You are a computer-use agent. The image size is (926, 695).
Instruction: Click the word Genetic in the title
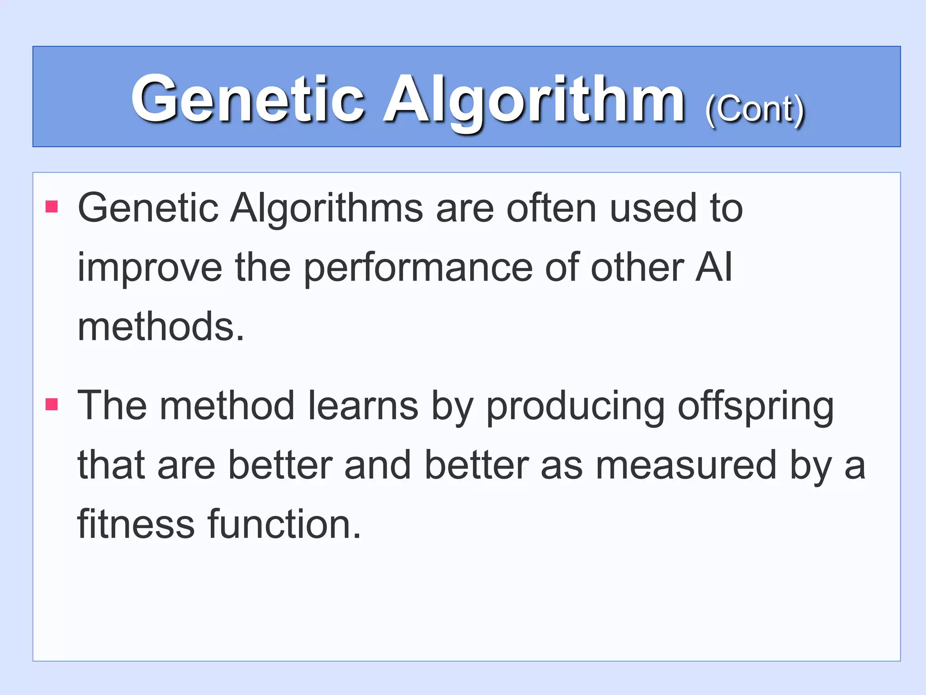click(248, 99)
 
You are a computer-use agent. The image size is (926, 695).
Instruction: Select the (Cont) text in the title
click(755, 110)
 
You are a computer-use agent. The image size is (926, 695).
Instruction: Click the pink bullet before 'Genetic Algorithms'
click(52, 207)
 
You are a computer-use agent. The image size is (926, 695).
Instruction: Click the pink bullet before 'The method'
click(52, 404)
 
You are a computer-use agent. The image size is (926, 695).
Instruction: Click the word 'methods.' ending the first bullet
click(161, 327)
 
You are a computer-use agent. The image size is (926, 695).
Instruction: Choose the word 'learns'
click(363, 405)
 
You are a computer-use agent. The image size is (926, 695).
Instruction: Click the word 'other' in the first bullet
click(638, 268)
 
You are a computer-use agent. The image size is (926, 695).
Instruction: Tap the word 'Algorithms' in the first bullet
click(327, 209)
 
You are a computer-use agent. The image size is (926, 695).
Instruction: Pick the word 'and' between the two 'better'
click(378, 466)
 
